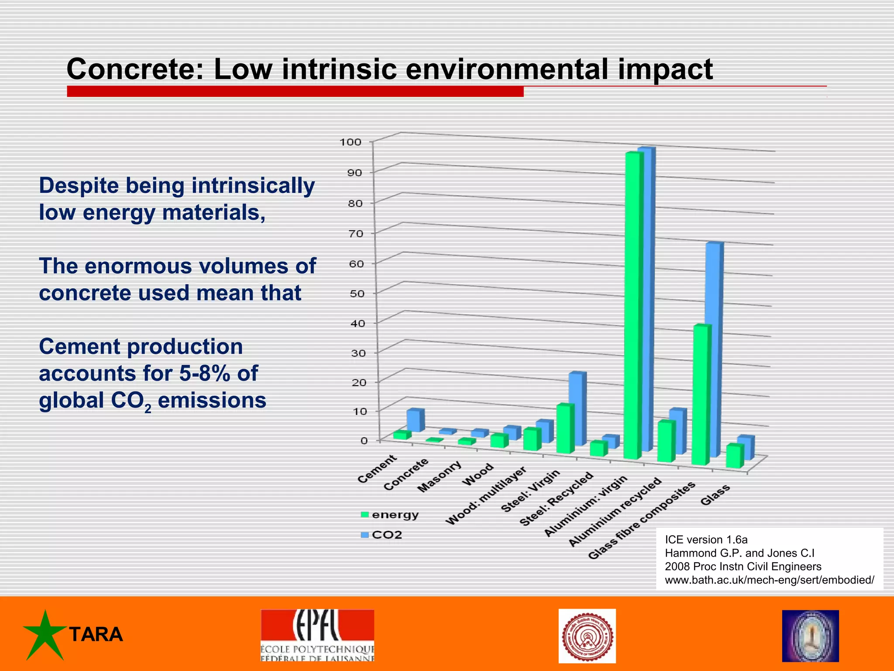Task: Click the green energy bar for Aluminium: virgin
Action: [633, 306]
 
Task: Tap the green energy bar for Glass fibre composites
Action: [701, 393]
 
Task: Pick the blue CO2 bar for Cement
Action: [415, 420]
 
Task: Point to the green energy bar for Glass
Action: [735, 457]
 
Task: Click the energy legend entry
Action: [389, 515]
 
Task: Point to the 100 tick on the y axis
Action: [351, 142]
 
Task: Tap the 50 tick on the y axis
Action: [357, 294]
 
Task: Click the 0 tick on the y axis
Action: [364, 440]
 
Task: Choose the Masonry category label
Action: [439, 477]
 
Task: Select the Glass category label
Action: [715, 495]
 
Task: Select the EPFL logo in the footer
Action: [317, 635]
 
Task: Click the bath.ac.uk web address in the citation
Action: [769, 580]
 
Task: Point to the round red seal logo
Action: [587, 636]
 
